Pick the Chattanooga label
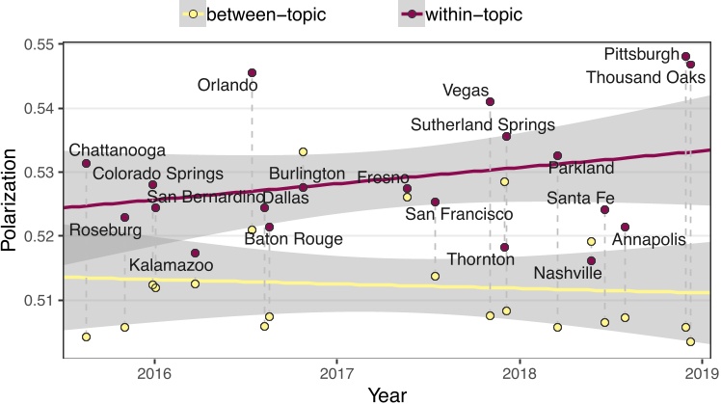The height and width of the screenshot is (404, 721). coord(117,150)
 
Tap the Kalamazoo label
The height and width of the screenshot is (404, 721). coord(171,264)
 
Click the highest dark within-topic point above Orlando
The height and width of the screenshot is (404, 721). coord(252,72)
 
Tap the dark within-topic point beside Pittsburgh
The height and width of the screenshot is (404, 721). coord(685,56)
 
